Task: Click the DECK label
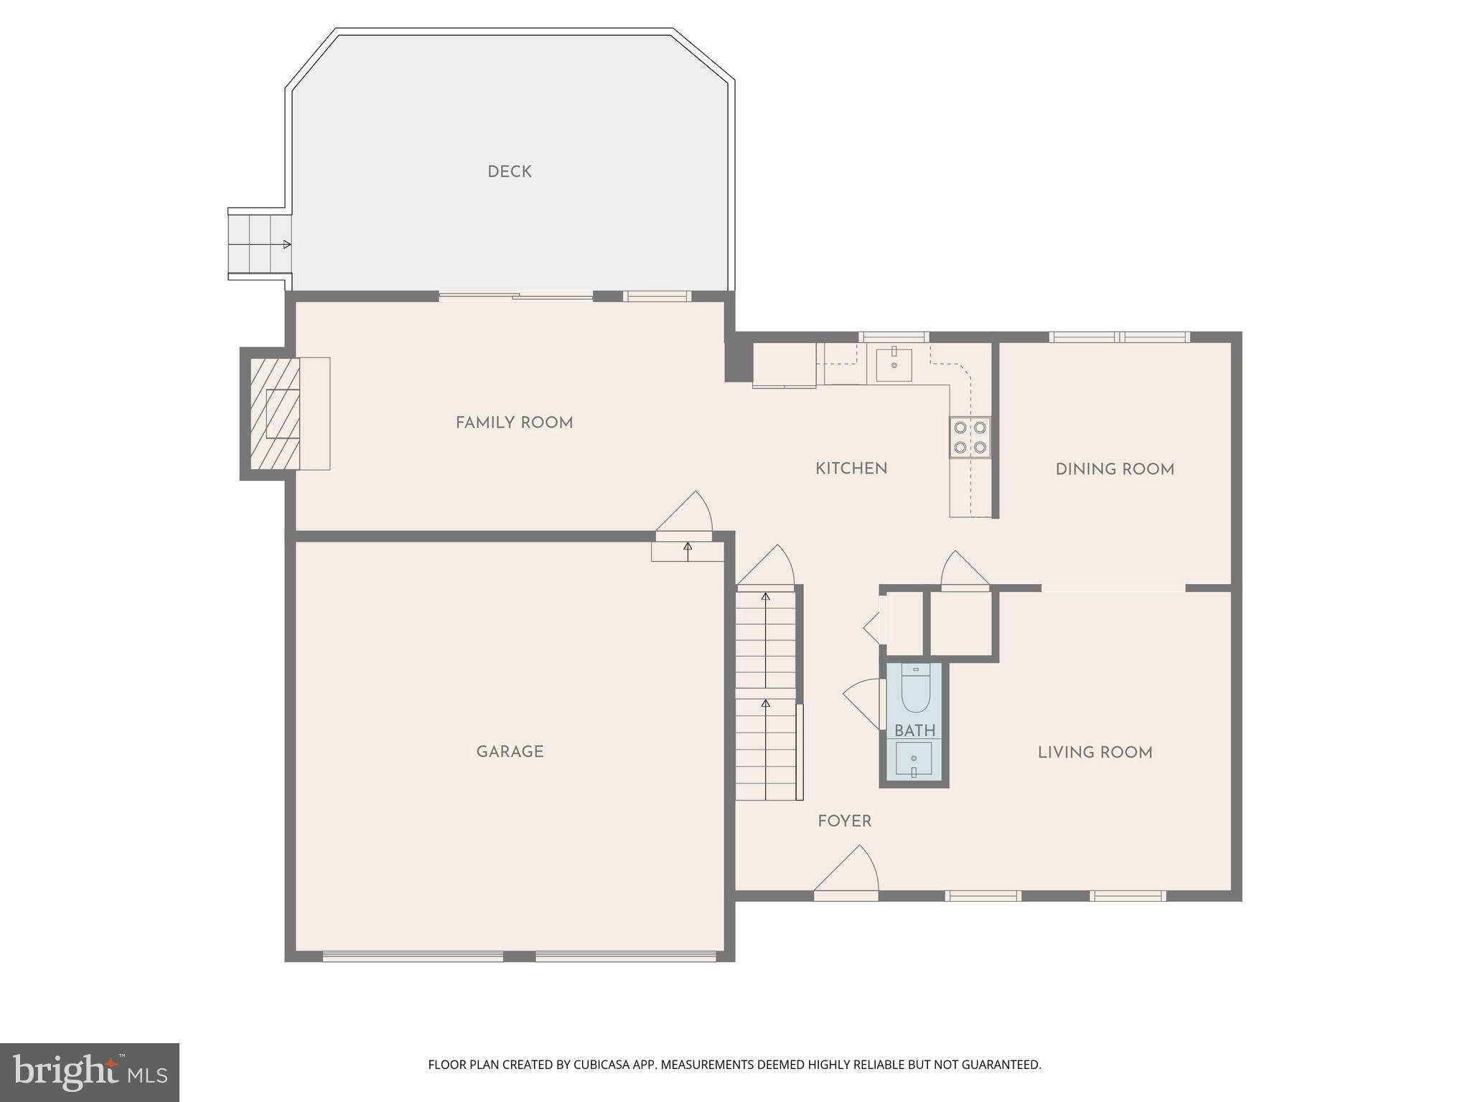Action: click(x=509, y=172)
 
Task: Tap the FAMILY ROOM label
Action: click(x=514, y=423)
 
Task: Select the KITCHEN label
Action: click(x=851, y=468)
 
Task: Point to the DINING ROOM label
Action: click(x=1114, y=469)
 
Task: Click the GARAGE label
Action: click(x=510, y=752)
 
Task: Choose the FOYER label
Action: click(x=844, y=821)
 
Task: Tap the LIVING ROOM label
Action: click(x=1095, y=753)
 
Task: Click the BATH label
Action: click(x=914, y=731)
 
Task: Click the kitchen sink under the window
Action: click(x=894, y=364)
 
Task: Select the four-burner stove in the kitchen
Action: click(x=970, y=438)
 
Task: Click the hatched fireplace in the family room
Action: click(x=275, y=413)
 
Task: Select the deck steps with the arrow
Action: click(x=259, y=244)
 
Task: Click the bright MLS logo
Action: click(x=89, y=1072)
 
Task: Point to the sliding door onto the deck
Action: click(x=515, y=296)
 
